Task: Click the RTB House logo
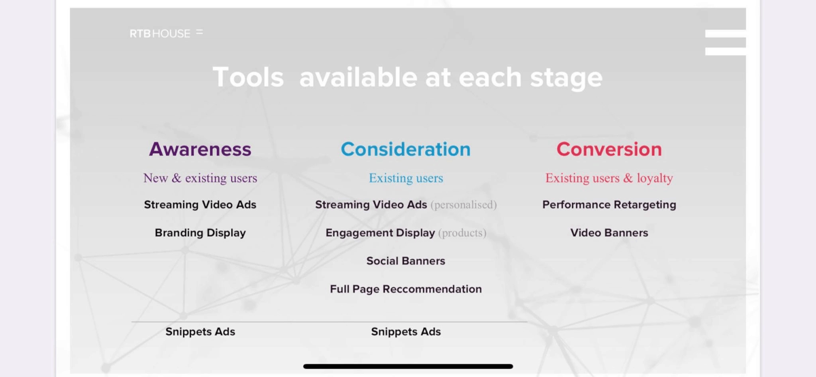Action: click(167, 33)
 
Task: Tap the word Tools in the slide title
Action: click(248, 78)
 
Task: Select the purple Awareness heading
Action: click(200, 149)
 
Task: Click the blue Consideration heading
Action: click(406, 149)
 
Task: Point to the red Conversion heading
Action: click(609, 149)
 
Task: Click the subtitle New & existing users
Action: click(200, 178)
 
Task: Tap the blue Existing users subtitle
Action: click(406, 178)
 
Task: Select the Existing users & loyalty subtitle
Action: click(609, 178)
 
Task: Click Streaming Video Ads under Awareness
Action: click(200, 205)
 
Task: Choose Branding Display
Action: click(200, 233)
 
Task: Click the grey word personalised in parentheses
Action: click(464, 205)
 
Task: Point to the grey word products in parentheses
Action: click(462, 233)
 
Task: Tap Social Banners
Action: click(406, 261)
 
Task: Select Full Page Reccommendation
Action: click(406, 289)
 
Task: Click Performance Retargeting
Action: click(609, 205)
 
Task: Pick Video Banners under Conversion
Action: click(609, 233)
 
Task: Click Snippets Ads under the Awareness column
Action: click(200, 332)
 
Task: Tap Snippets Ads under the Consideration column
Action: click(406, 332)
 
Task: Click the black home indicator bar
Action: click(408, 366)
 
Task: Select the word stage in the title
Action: click(566, 78)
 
